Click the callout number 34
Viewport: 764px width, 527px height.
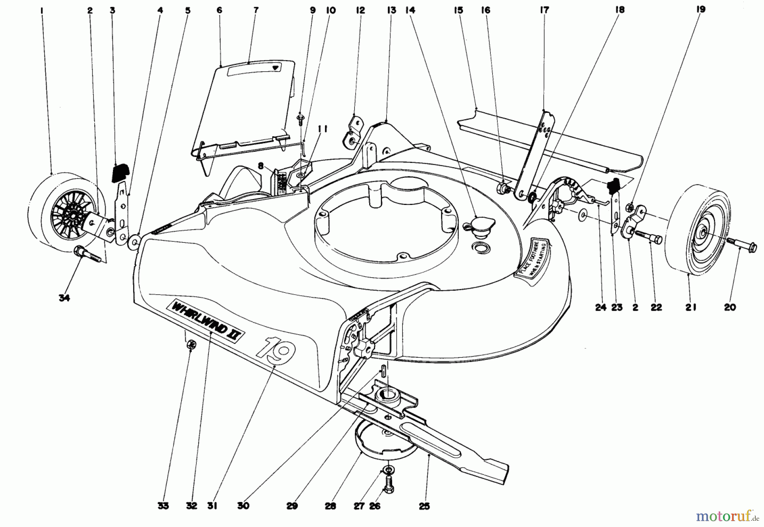(x=64, y=298)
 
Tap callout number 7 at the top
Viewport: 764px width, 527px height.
(x=256, y=10)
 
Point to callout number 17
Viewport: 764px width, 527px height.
(x=544, y=10)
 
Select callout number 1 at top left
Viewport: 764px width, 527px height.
(x=42, y=10)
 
